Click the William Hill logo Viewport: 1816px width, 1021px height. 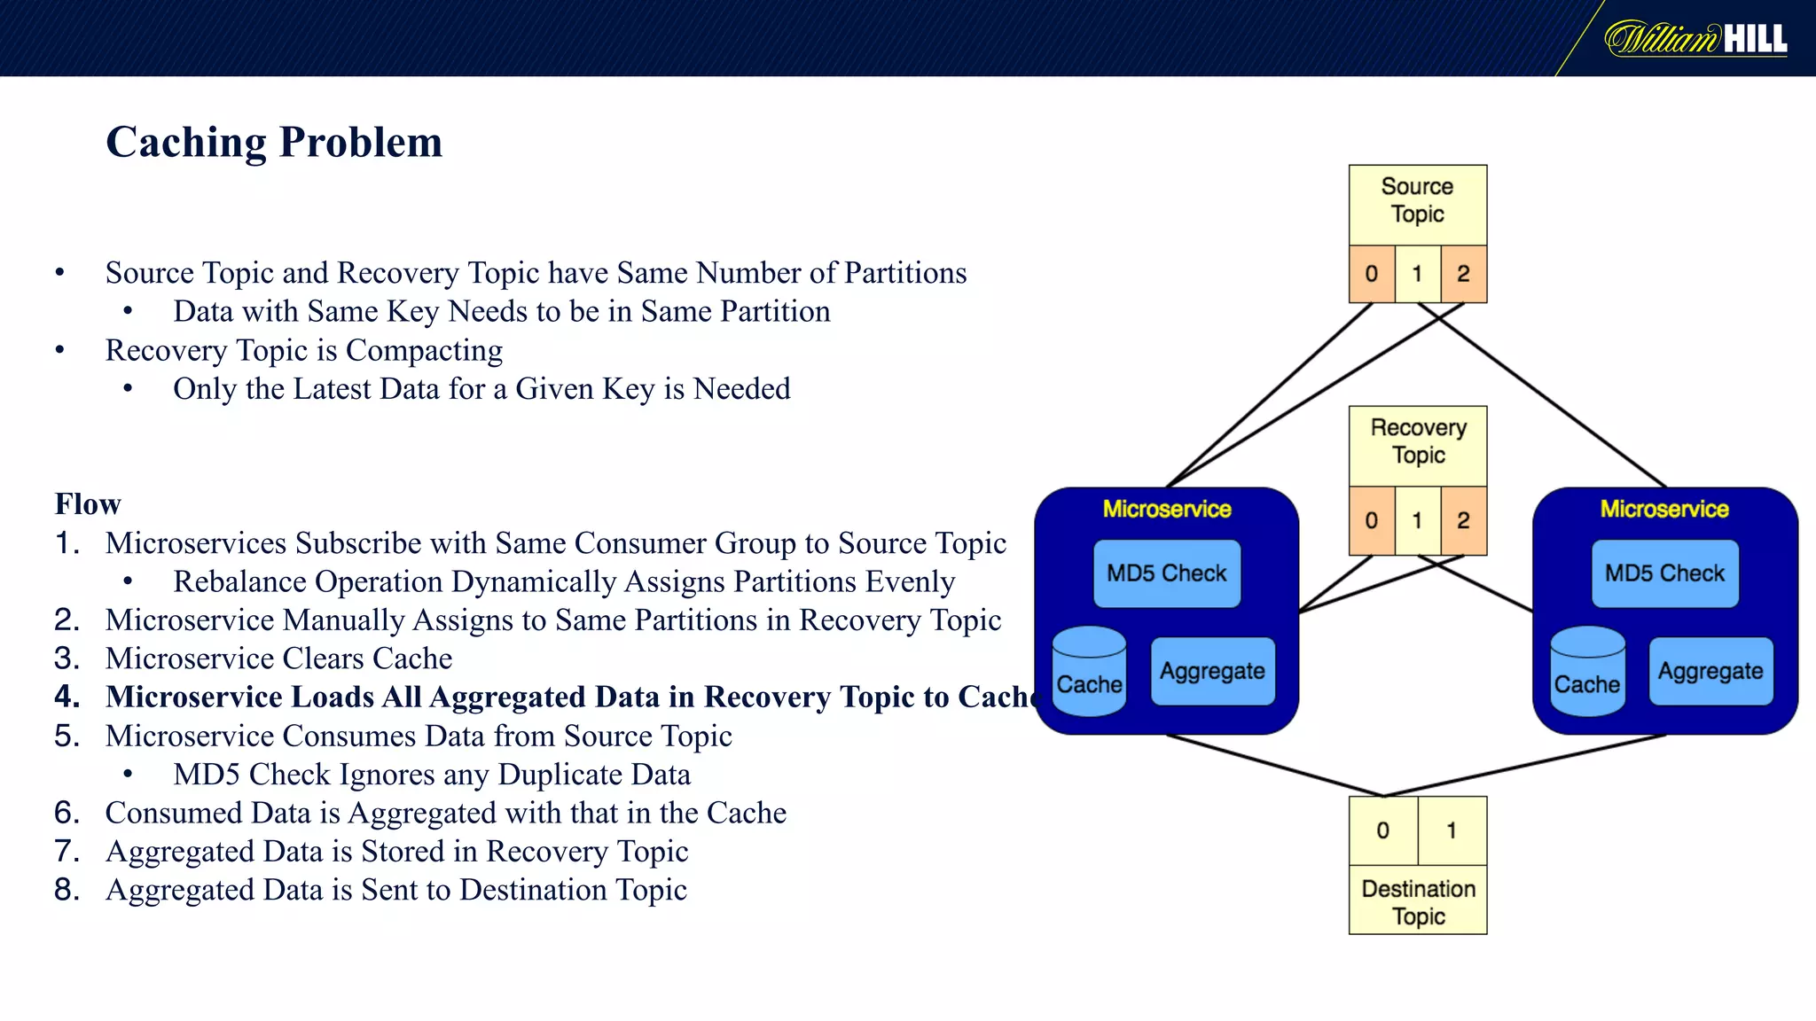1695,39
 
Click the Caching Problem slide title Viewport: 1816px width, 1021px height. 274,143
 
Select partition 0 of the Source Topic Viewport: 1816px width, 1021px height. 1371,274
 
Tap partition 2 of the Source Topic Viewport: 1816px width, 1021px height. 1463,274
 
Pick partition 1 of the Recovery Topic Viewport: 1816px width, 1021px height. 1417,520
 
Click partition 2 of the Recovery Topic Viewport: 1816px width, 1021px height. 1463,520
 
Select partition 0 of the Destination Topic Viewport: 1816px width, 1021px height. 1382,830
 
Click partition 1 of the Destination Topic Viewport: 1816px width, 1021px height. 1452,830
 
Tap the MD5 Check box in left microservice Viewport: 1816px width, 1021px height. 1166,573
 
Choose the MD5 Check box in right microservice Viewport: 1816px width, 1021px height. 1664,573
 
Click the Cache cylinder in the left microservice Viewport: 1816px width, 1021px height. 1089,674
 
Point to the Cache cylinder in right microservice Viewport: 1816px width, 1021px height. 1587,674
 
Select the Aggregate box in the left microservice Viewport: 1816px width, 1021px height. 1212,672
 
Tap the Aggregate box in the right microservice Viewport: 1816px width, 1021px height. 1710,672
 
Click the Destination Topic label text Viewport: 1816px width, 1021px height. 1418,901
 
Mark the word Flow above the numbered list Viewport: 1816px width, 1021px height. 88,504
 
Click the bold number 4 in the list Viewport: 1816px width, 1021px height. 66,698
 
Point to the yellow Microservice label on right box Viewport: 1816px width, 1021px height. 1664,509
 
